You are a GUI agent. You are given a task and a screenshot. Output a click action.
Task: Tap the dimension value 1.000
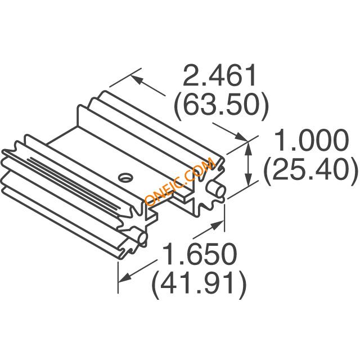tap(310, 140)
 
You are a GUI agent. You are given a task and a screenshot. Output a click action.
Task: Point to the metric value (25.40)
tap(310, 170)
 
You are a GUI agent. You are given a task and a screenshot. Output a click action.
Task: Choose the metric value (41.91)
tap(199, 285)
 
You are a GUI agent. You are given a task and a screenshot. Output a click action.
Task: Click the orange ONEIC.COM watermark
tap(180, 181)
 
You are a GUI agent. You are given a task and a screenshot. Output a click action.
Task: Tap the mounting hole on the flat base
tap(125, 177)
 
